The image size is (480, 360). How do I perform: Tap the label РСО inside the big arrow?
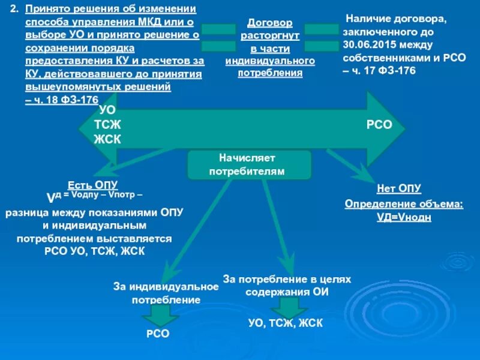(x=379, y=125)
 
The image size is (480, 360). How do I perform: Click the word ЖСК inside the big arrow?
(x=107, y=139)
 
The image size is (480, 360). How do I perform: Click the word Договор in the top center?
(x=270, y=23)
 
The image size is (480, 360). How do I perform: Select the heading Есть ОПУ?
(x=93, y=185)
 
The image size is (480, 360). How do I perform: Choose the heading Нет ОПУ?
(x=399, y=189)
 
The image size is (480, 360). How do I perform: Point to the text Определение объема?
(x=404, y=204)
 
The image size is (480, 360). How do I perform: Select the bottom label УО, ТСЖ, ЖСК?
(x=286, y=323)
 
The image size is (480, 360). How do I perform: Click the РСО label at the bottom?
(x=158, y=334)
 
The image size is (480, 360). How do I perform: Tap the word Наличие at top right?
(x=367, y=20)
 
